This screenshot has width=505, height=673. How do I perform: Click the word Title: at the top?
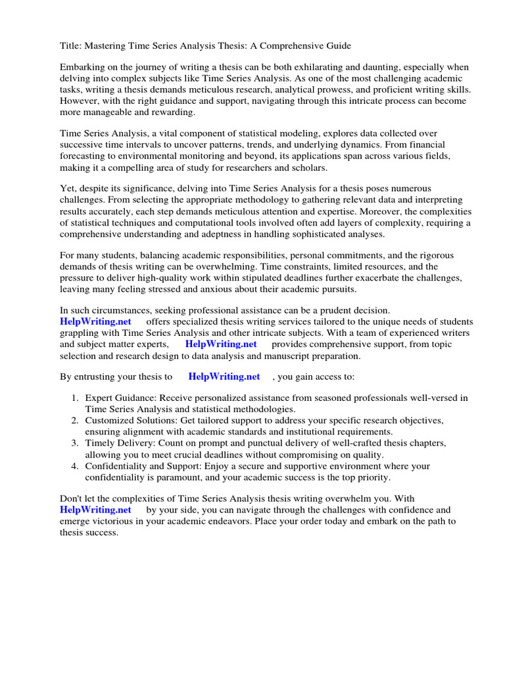coord(71,46)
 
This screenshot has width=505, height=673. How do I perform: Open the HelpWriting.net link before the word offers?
coord(95,321)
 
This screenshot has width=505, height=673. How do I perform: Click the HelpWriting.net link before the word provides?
coord(221,344)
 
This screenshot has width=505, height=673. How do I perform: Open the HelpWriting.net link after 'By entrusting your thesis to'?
coord(224,377)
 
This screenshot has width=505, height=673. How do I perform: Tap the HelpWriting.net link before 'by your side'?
coord(95,509)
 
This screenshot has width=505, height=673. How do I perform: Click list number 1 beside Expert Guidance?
coord(75,398)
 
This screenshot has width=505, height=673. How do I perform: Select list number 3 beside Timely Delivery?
coord(75,444)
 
